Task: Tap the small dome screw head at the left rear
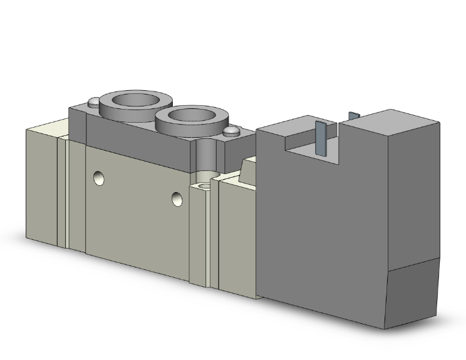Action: pos(94,102)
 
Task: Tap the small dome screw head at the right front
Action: pos(231,131)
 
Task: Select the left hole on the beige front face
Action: pos(99,179)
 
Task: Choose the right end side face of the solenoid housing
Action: pos(413,200)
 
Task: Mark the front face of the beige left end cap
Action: pos(41,188)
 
